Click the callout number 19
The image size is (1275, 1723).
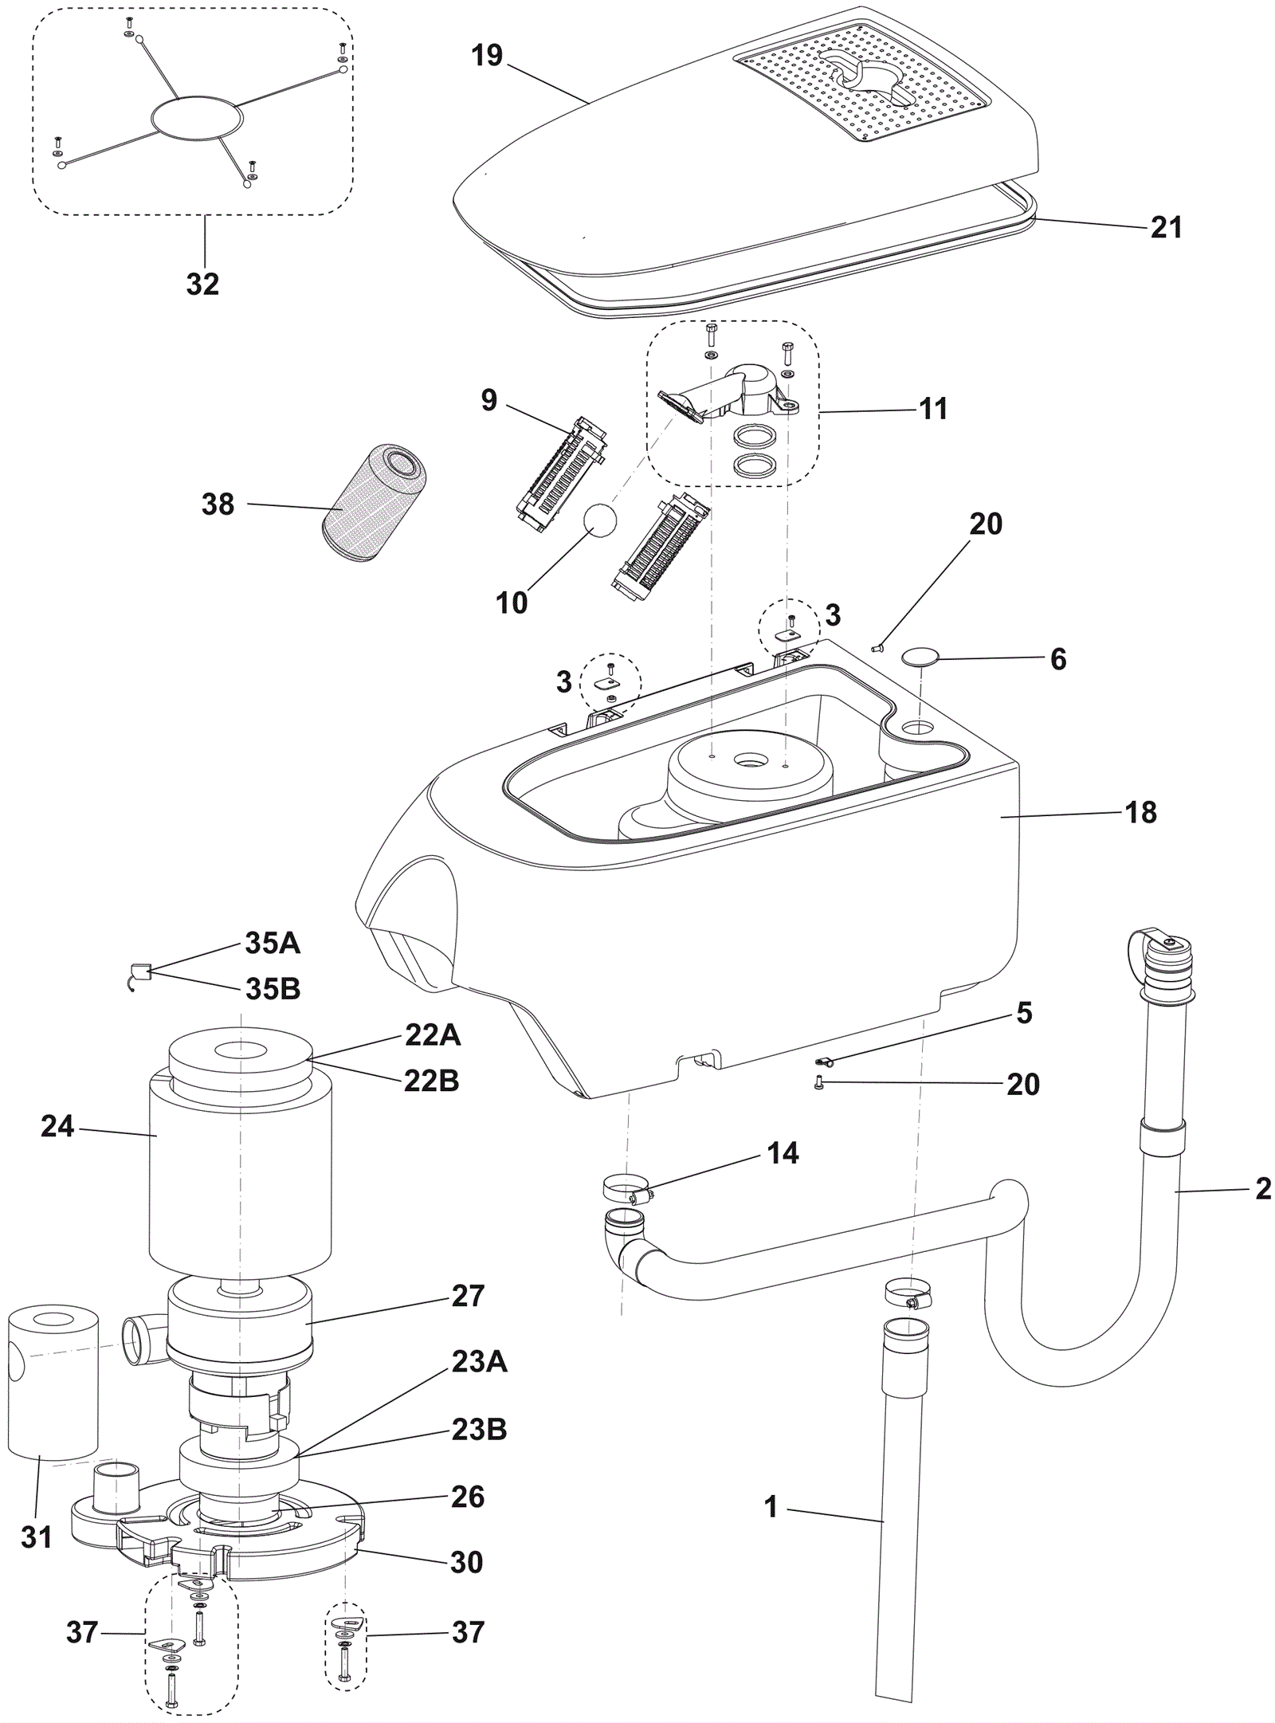487,56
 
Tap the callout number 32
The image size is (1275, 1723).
202,284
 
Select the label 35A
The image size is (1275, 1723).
273,944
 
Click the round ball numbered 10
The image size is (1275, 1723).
600,520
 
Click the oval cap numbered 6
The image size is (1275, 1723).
920,656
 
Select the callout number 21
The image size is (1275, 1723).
1167,228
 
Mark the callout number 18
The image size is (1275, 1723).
1141,813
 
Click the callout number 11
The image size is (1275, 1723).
933,409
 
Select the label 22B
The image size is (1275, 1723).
432,1081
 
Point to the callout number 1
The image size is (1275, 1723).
771,1508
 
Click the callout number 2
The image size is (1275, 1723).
1262,1189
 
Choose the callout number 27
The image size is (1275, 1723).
468,1297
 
